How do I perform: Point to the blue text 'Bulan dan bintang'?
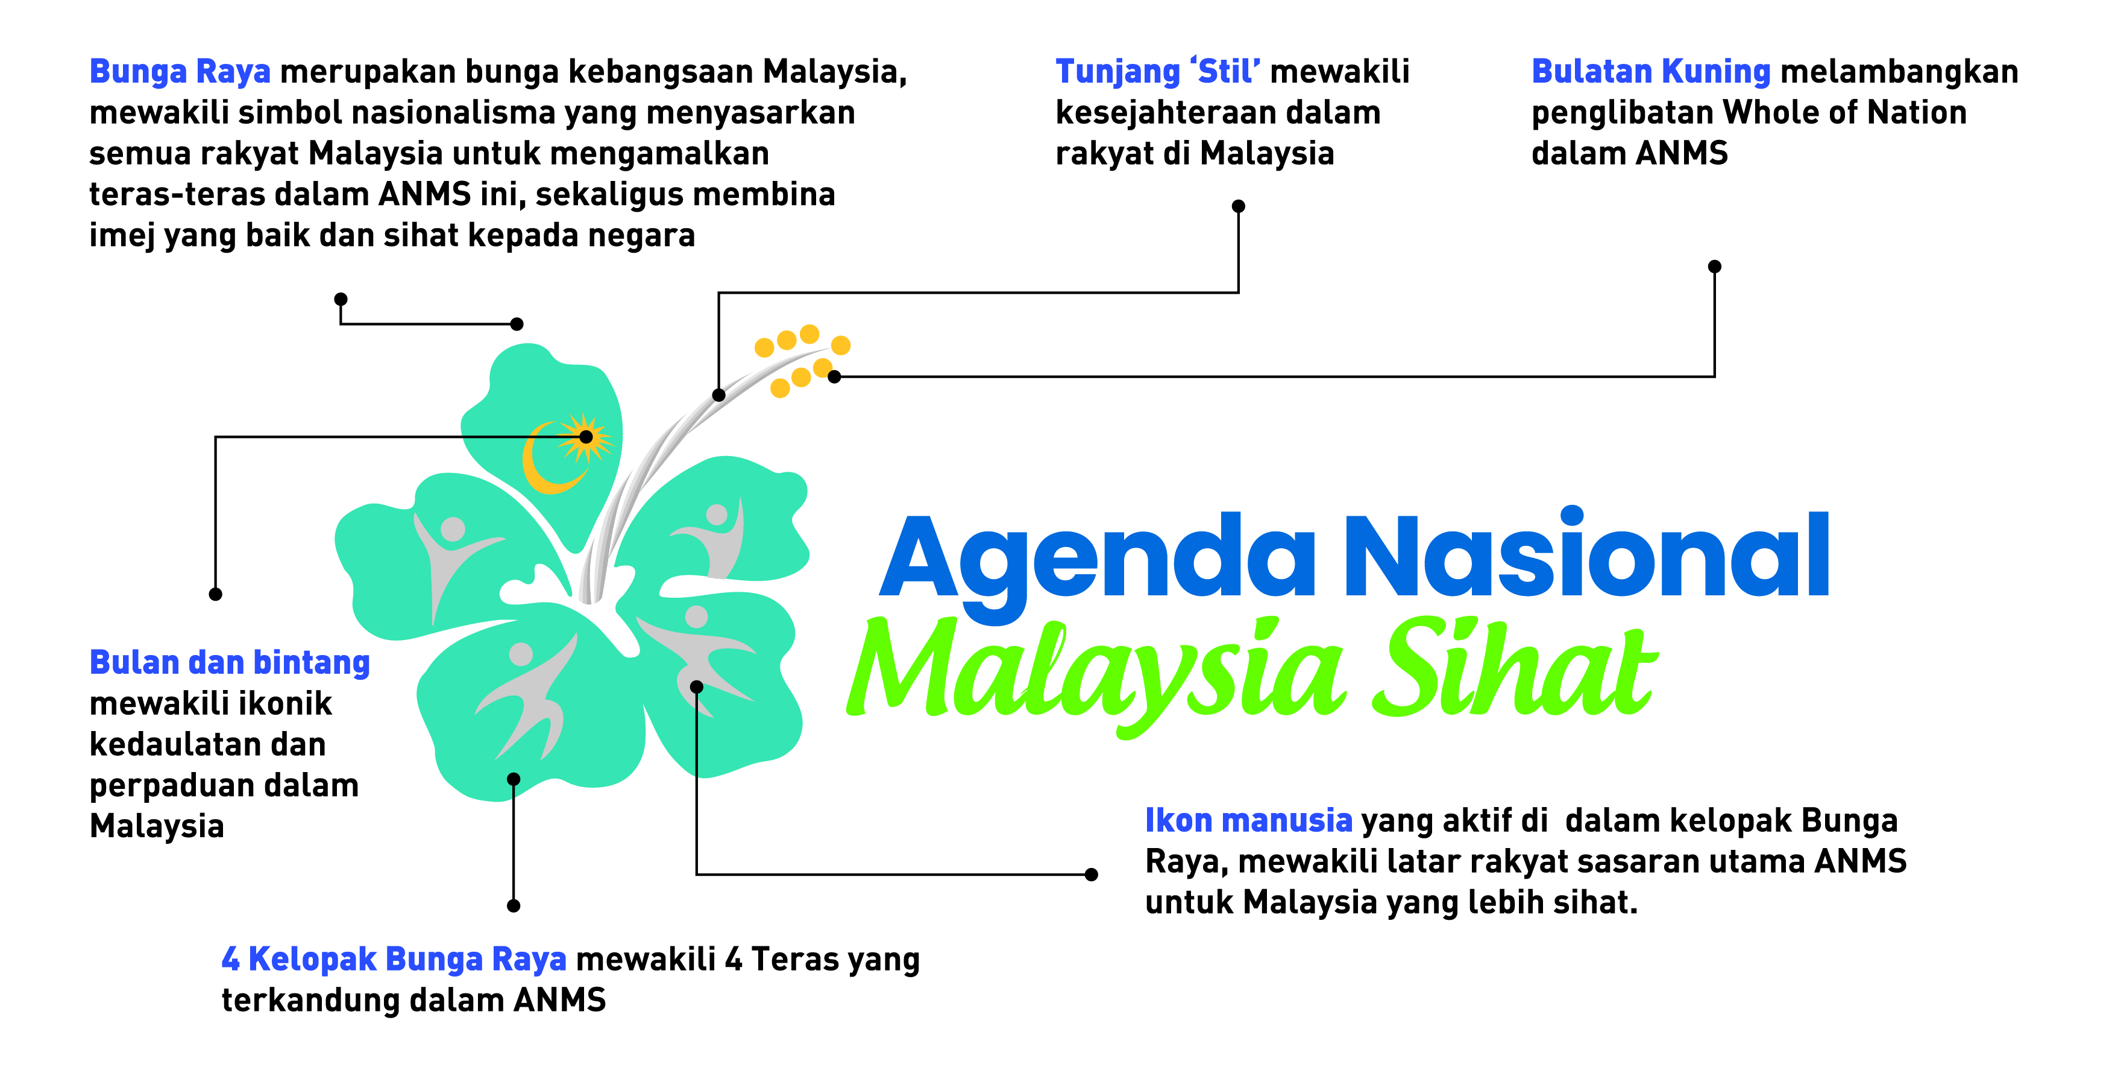click(x=229, y=663)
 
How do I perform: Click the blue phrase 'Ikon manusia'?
click(x=1248, y=820)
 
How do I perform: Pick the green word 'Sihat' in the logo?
click(x=1519, y=670)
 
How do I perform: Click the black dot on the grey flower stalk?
click(x=718, y=395)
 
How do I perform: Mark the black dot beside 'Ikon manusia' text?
click(x=1091, y=875)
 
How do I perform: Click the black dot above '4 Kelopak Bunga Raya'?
click(x=513, y=906)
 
